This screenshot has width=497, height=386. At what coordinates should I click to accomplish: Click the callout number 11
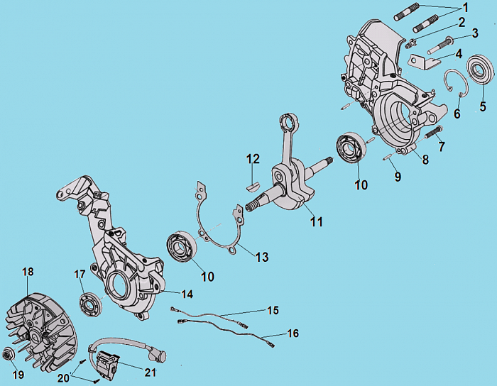coord(316,222)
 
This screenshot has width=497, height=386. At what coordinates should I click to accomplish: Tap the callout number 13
coord(262,257)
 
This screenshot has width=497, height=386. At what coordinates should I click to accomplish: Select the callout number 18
coord(28,272)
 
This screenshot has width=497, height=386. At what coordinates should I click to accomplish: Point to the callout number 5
coord(483,107)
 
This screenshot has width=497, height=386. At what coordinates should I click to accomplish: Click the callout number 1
coord(465,7)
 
